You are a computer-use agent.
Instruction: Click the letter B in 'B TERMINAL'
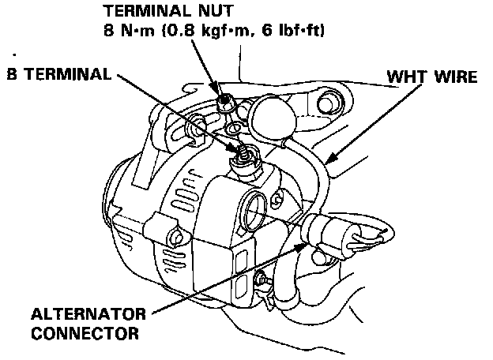click(x=9, y=73)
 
